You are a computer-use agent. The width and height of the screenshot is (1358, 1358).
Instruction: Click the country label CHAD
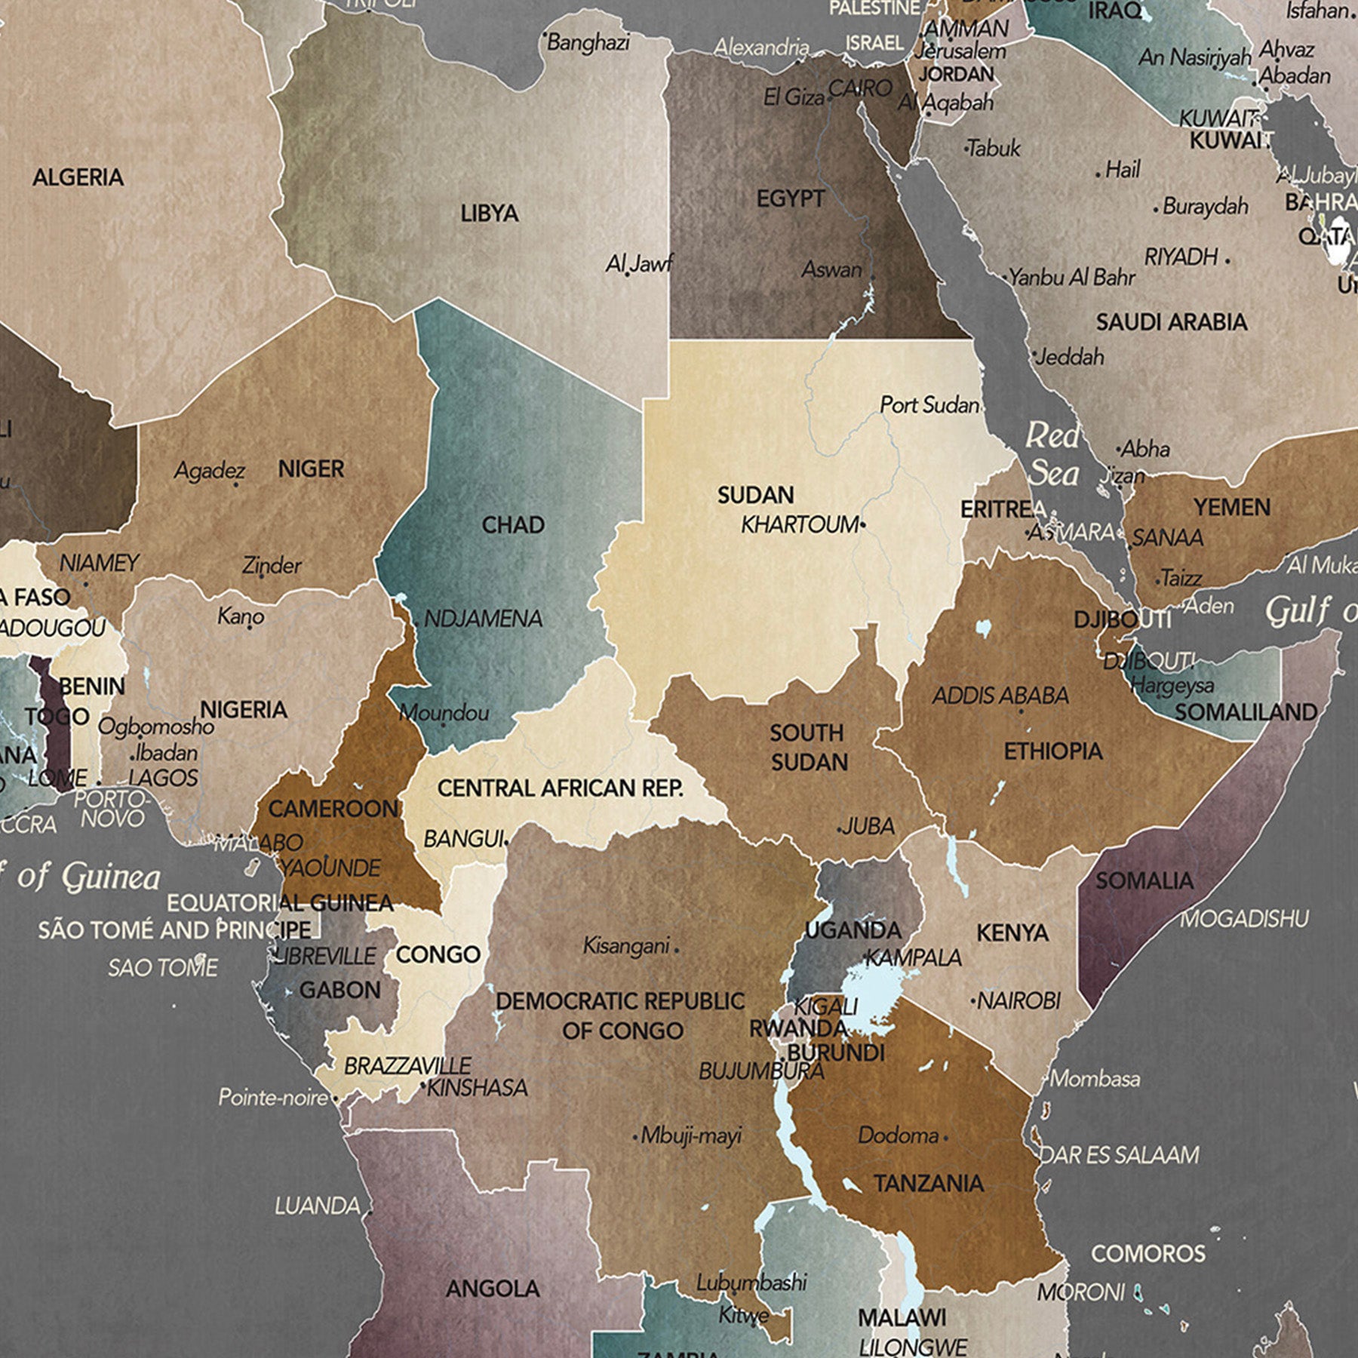(x=513, y=525)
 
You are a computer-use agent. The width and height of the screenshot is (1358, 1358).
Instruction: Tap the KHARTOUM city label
(x=800, y=524)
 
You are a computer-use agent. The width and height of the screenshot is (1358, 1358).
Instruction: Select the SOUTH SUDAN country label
(x=808, y=748)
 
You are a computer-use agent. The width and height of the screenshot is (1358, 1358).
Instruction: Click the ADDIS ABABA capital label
(x=1000, y=696)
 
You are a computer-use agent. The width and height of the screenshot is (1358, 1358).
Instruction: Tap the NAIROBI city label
(x=1018, y=1001)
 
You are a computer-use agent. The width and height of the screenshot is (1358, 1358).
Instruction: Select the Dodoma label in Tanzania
(x=898, y=1135)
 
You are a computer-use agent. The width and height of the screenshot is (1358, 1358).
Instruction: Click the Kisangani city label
(x=626, y=945)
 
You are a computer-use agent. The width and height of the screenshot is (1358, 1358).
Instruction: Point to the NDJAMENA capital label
(x=483, y=619)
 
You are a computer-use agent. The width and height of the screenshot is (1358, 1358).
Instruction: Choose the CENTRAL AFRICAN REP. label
(x=561, y=788)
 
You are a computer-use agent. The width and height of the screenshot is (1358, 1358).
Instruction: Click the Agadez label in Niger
(x=210, y=472)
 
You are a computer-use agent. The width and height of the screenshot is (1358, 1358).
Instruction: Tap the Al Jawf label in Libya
(x=638, y=264)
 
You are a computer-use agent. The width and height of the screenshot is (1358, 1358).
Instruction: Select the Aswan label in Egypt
(x=831, y=269)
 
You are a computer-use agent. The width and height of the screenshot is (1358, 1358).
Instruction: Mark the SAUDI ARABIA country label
(x=1171, y=323)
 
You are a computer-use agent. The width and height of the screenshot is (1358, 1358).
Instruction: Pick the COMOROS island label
(x=1148, y=1254)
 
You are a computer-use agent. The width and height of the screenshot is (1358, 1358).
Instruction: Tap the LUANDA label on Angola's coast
(x=318, y=1206)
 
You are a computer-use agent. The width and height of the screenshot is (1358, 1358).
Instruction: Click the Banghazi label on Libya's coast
(x=588, y=42)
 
